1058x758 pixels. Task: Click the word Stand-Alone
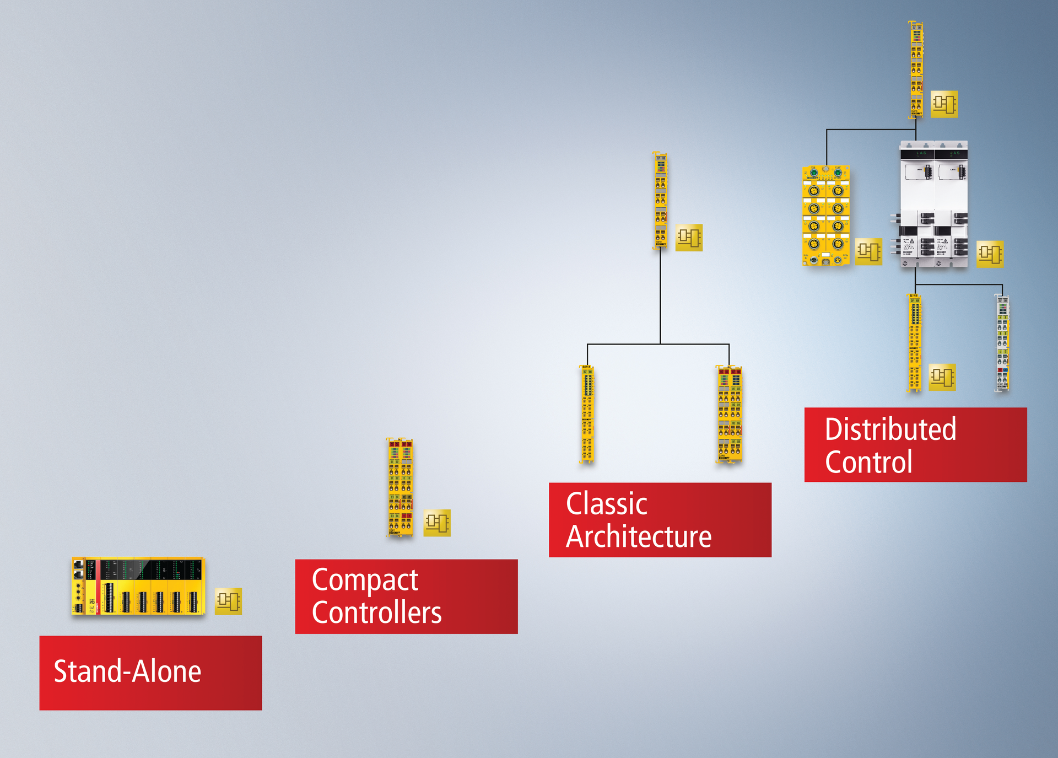(127, 671)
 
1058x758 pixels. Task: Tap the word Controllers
(376, 613)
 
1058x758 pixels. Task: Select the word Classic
(606, 504)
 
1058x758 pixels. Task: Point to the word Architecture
(639, 537)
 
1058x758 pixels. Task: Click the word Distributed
(890, 429)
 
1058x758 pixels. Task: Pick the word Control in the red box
(868, 462)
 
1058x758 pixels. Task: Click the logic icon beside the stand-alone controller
(228, 601)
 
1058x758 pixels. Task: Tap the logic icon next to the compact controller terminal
(437, 523)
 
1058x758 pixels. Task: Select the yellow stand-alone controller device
(138, 586)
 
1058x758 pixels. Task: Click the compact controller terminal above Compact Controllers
(401, 487)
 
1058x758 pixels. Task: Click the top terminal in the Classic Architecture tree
(661, 201)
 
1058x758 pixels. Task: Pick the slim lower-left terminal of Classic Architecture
(587, 414)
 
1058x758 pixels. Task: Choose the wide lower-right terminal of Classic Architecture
(730, 414)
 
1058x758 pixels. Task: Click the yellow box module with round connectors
(825, 216)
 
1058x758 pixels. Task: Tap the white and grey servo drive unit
(933, 204)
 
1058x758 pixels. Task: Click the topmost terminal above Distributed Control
(916, 69)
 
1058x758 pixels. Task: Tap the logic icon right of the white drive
(990, 254)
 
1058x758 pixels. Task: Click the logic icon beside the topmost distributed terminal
(944, 104)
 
